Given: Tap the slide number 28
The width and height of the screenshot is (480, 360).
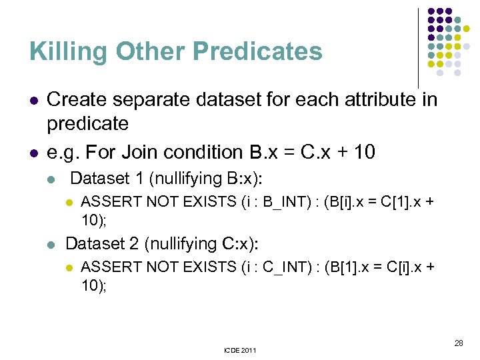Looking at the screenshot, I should [x=458, y=343].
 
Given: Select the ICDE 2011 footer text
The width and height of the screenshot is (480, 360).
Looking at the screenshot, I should [x=239, y=350].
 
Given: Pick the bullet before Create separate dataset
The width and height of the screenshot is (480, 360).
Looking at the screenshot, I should [x=33, y=101].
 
